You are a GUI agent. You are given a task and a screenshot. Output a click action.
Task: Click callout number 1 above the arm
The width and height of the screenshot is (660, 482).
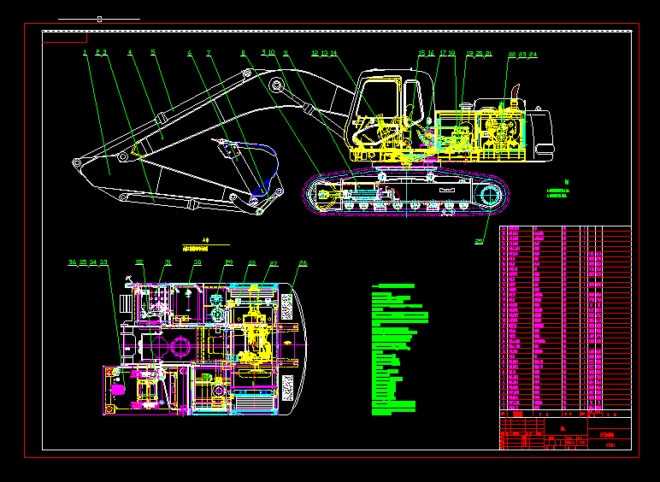(x=85, y=53)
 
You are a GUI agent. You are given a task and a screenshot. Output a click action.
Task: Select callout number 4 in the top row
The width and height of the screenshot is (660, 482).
(x=130, y=53)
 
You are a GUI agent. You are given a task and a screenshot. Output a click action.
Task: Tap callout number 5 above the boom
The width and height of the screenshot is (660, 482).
(x=153, y=53)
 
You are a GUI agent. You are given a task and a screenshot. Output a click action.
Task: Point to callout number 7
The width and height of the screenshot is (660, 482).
(x=208, y=53)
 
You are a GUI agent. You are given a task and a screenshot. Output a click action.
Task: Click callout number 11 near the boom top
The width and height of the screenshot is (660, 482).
(x=285, y=53)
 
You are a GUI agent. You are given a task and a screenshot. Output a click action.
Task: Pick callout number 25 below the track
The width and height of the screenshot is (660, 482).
(x=479, y=242)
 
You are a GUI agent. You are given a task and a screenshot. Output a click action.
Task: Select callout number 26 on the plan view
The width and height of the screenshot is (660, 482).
(x=303, y=263)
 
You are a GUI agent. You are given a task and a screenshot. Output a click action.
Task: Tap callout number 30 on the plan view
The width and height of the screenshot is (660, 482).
(x=197, y=263)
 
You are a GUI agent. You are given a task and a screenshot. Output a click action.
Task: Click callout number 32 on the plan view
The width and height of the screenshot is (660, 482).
(x=139, y=263)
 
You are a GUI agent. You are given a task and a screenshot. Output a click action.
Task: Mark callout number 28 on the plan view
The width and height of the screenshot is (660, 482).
(x=252, y=263)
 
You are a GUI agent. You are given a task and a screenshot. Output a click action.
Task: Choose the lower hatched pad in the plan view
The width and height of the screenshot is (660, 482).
(x=287, y=387)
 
